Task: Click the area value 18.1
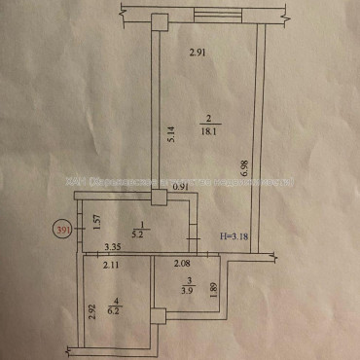pos(209,131)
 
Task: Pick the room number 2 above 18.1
pos(208,120)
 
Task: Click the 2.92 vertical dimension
pos(90,311)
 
